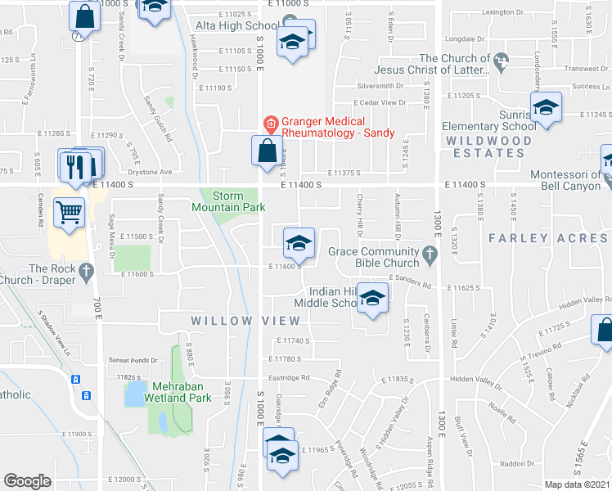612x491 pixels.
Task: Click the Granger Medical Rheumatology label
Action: coord(338,127)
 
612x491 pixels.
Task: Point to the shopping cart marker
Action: coord(70,213)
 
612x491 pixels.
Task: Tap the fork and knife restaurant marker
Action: coord(74,166)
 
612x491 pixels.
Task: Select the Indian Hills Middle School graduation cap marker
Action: coord(372,299)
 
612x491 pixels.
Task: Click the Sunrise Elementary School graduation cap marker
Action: coord(546,107)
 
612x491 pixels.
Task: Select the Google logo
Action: coord(27,481)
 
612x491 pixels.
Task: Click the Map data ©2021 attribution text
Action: coord(577,484)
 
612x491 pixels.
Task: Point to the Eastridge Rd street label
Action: coord(294,378)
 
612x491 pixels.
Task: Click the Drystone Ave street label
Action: coord(154,172)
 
